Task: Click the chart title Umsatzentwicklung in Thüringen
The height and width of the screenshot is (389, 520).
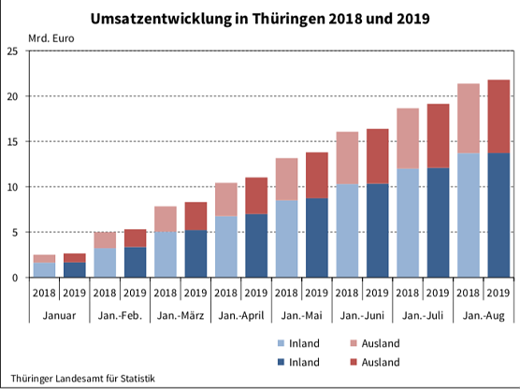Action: coord(260,18)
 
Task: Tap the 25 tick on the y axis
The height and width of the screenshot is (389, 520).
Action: coord(12,51)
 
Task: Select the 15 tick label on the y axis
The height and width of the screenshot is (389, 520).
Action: coord(12,142)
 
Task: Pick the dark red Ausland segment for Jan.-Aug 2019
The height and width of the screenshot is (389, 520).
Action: coord(498,116)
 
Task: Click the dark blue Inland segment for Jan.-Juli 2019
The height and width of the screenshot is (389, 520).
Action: coord(438,223)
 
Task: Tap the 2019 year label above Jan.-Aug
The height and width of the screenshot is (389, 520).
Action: coord(498,294)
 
